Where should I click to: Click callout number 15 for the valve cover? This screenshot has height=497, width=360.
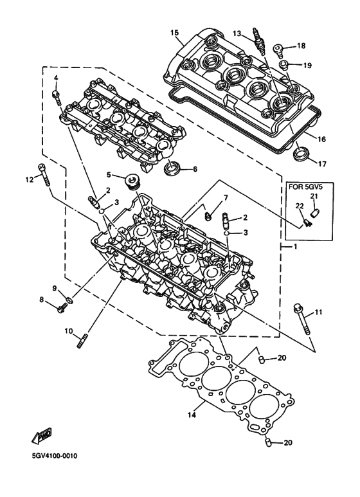(x=174, y=32)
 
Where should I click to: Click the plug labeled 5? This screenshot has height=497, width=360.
(x=134, y=179)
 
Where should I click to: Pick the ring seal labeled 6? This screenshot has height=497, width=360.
(x=172, y=170)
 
